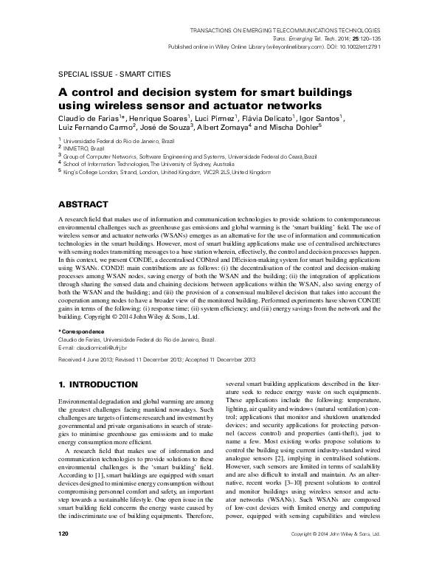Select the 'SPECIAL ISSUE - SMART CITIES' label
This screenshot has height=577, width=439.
(x=106, y=75)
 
